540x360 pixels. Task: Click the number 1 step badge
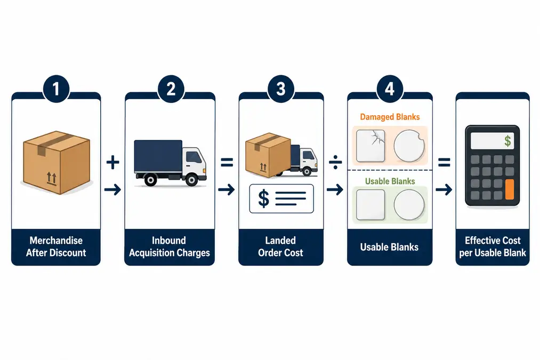tap(56, 89)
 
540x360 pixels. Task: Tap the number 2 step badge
tap(171, 89)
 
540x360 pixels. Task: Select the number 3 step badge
tap(281, 89)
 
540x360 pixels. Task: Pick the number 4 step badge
tap(390, 89)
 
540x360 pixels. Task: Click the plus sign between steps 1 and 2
tap(112, 162)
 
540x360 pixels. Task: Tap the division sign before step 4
tap(335, 162)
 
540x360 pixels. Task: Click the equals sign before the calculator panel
tap(444, 162)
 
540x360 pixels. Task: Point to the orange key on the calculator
tap(510, 189)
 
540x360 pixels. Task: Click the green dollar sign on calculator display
tap(507, 141)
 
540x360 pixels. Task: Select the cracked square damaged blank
tap(370, 146)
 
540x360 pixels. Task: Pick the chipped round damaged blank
tap(409, 146)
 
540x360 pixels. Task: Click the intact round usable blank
tap(409, 205)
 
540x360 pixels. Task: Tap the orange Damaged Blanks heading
tap(390, 117)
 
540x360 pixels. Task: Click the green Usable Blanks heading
tap(390, 181)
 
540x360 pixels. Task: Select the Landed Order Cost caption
tap(281, 246)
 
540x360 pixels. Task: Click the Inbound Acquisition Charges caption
tap(170, 246)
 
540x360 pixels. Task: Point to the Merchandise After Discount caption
tap(56, 246)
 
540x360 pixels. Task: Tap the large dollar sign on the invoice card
tap(264, 199)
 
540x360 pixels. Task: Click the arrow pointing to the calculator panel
tap(444, 189)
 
